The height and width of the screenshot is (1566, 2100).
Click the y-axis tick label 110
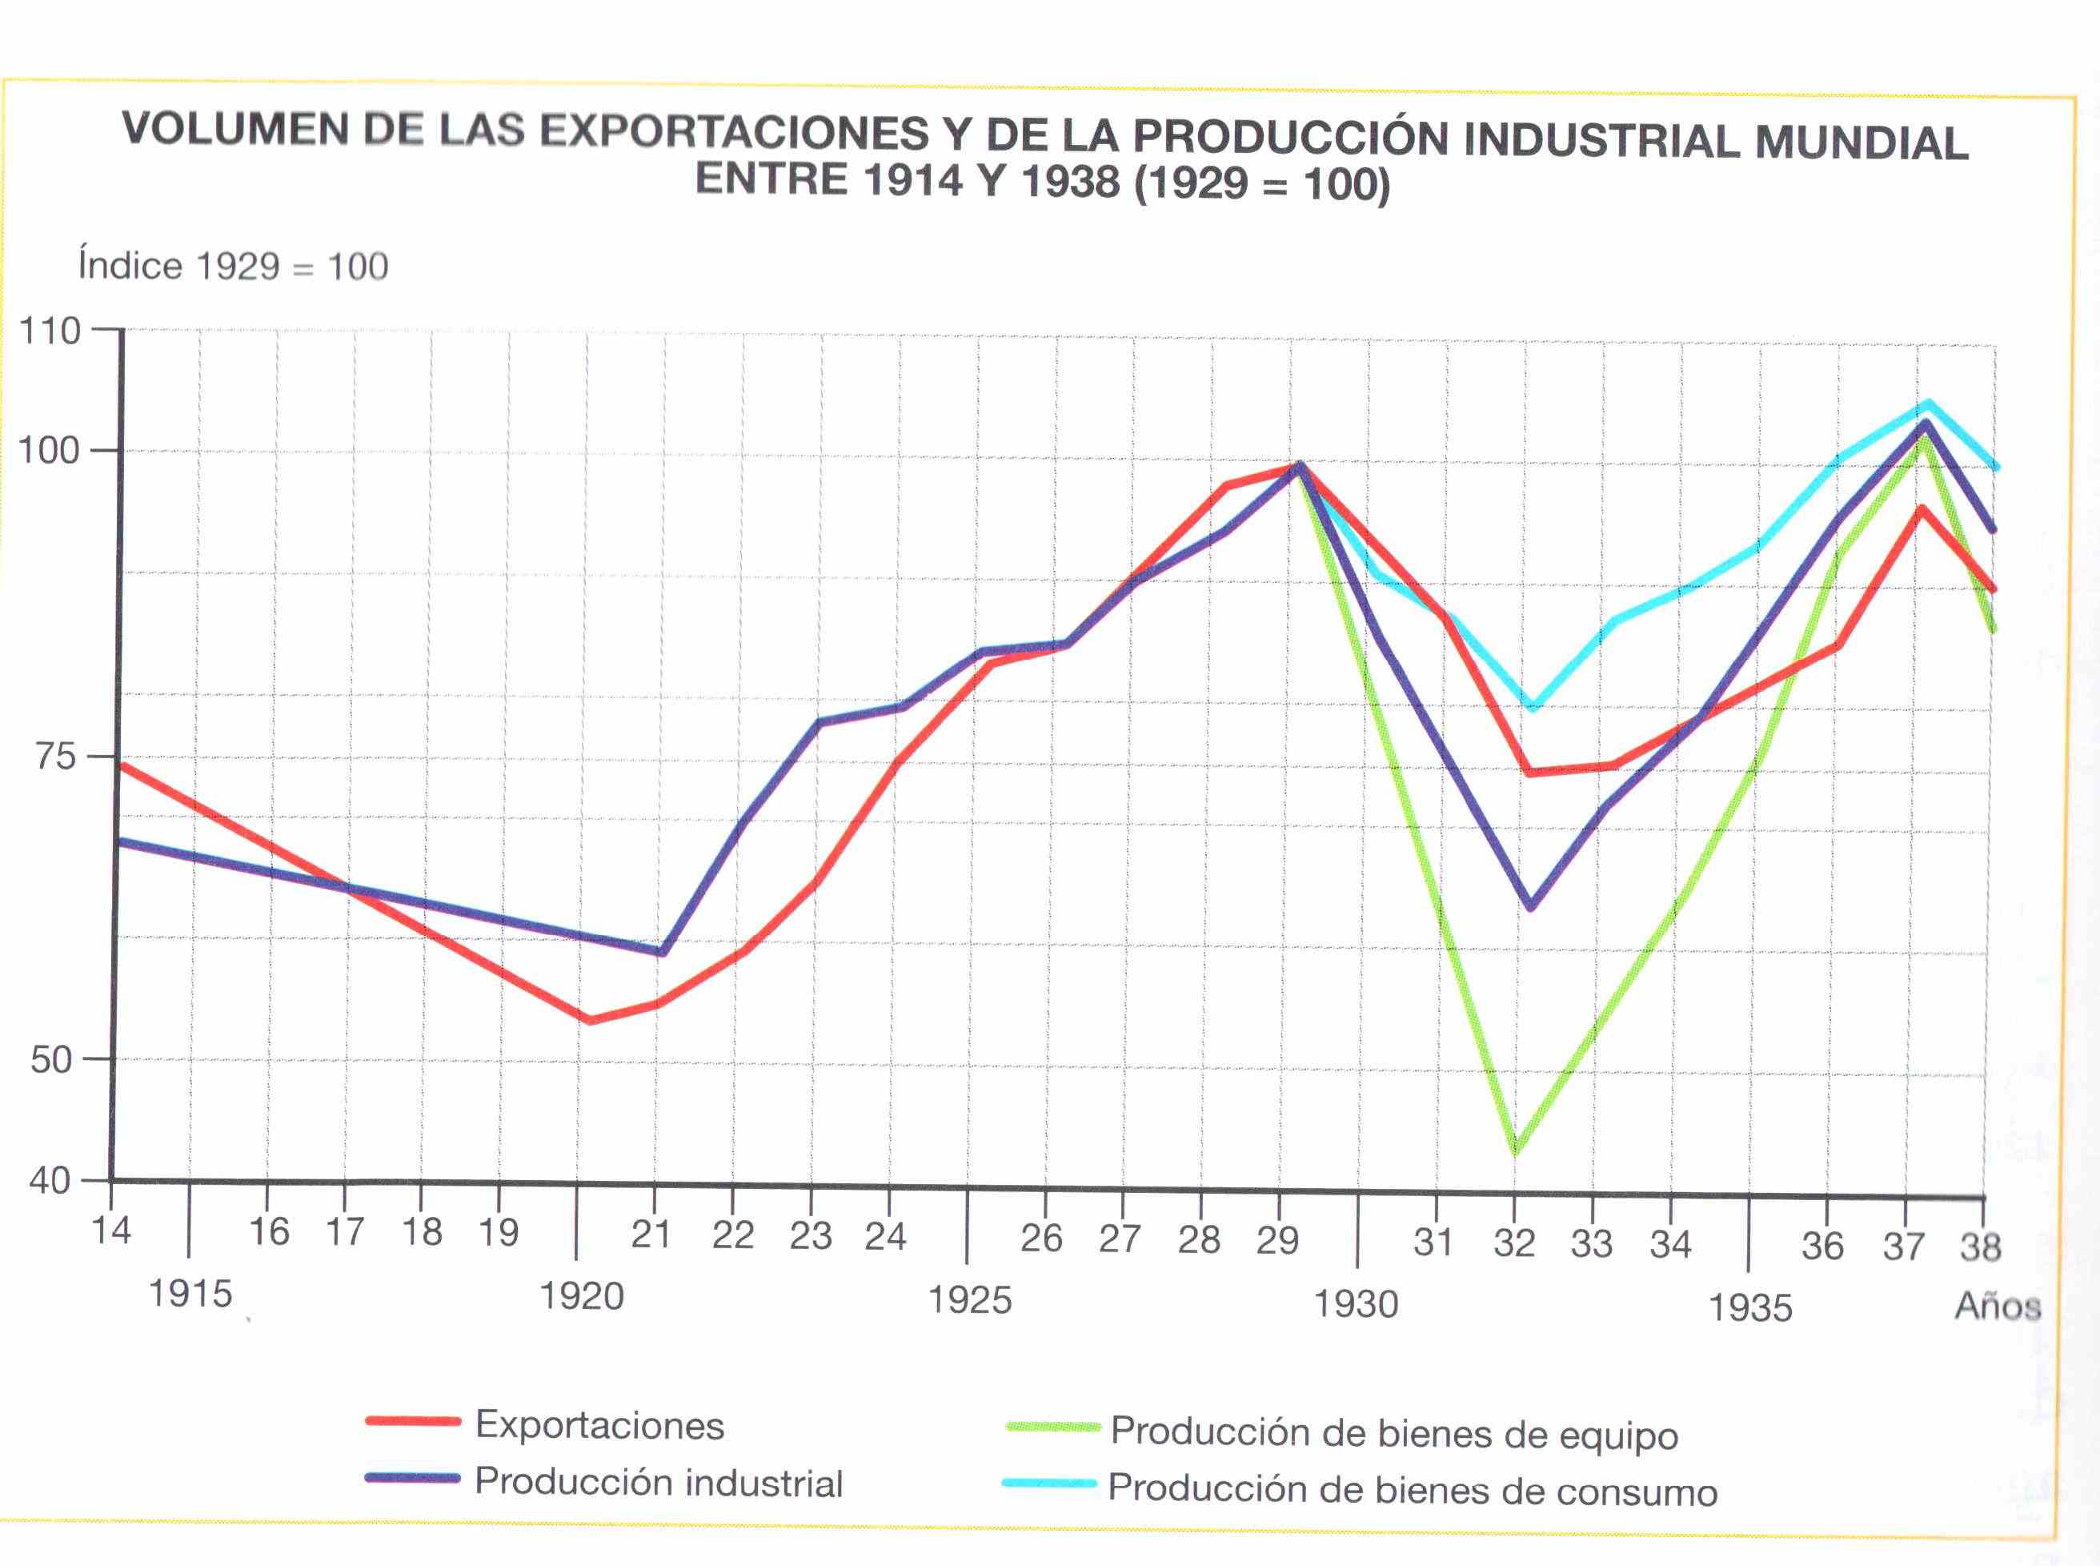pyautogui.click(x=50, y=331)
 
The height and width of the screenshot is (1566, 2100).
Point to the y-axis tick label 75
pyautogui.click(x=56, y=757)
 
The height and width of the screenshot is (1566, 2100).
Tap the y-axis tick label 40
pyautogui.click(x=50, y=1181)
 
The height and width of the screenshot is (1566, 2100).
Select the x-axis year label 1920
pyautogui.click(x=581, y=1296)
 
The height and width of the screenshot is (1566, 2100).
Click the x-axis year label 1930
pyautogui.click(x=1355, y=1304)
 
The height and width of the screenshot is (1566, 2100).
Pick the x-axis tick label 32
pyautogui.click(x=1513, y=1243)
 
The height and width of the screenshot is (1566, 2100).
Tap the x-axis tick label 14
pyautogui.click(x=111, y=1231)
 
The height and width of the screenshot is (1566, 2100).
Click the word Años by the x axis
pyautogui.click(x=1997, y=1307)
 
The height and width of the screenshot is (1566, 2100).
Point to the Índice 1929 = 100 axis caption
pyautogui.click(x=233, y=267)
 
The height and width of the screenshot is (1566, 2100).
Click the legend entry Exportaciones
pyautogui.click(x=599, y=1426)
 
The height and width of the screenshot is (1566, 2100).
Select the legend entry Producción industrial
pyautogui.click(x=658, y=1483)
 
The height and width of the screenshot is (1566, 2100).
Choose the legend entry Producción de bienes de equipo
pyautogui.click(x=1393, y=1433)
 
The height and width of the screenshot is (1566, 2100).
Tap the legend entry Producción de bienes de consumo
pyautogui.click(x=1412, y=1491)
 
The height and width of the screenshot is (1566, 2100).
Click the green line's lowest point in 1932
pyautogui.click(x=1515, y=1150)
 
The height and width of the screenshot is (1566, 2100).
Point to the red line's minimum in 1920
pyautogui.click(x=588, y=1020)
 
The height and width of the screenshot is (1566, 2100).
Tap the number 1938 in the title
pyautogui.click(x=1070, y=181)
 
